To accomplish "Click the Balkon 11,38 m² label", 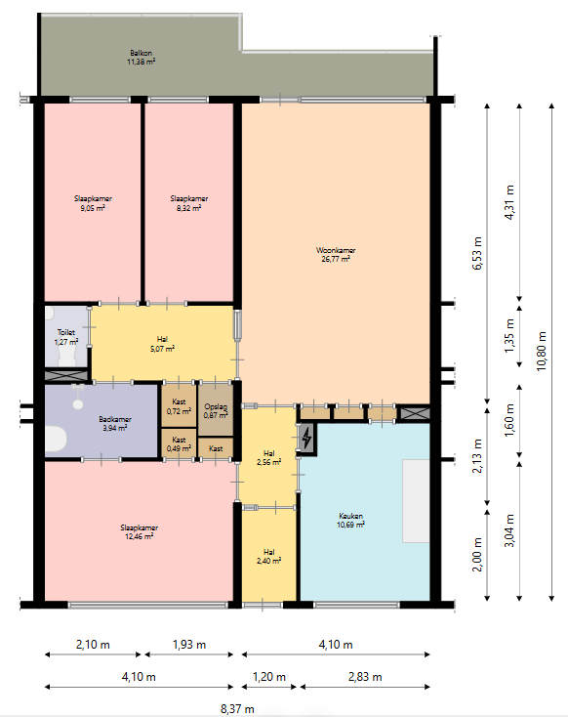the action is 141,58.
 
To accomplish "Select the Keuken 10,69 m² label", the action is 350,521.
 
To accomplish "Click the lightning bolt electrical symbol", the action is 306,439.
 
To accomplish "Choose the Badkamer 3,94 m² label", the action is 115,423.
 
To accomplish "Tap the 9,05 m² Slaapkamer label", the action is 93,203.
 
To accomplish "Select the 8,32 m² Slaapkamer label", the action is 189,203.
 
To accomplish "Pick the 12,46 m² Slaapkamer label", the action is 139,531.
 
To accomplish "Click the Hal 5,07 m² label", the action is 162,344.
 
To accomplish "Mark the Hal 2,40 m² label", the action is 268,557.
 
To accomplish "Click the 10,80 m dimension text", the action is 542,352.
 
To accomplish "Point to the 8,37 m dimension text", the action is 237,709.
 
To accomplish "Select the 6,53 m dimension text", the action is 477,253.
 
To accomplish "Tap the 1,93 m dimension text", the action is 189,645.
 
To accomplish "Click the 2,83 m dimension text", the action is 365,677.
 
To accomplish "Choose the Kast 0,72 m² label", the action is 179,406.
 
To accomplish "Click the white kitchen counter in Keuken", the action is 416,501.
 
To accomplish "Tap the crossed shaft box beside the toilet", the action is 66,375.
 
